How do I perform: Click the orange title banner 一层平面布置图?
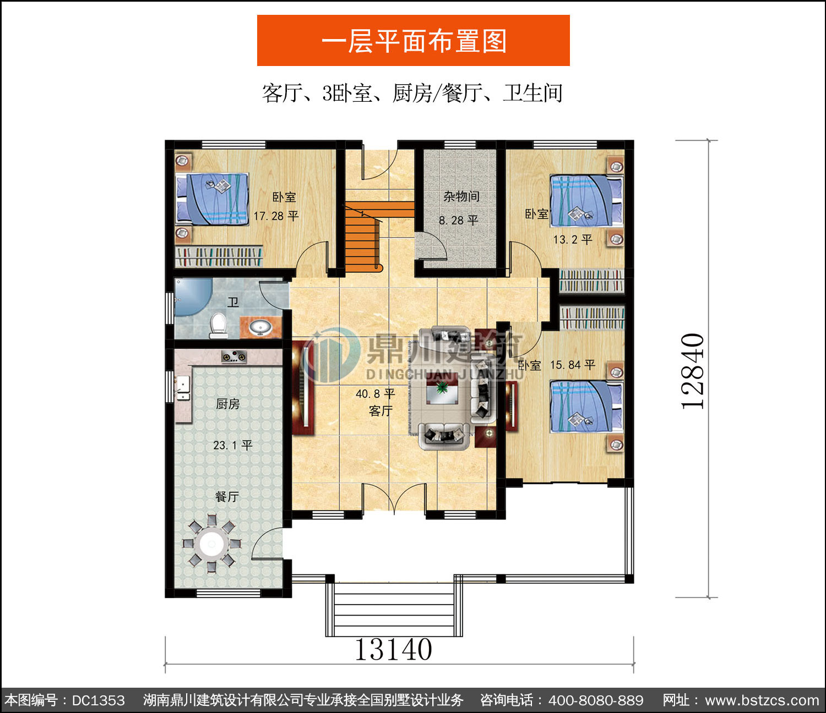413,40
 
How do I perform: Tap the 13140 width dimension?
393,650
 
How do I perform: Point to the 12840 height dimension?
692,371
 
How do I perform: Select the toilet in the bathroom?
218,325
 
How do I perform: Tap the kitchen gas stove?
234,356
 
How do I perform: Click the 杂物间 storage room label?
461,196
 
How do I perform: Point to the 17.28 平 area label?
276,216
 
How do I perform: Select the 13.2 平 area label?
572,239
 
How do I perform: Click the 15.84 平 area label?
573,365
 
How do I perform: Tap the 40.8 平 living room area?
375,393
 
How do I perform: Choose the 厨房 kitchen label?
228,404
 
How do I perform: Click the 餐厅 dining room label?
227,497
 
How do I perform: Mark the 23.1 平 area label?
232,445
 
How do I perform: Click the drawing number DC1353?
99,700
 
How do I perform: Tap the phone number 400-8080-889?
596,700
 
